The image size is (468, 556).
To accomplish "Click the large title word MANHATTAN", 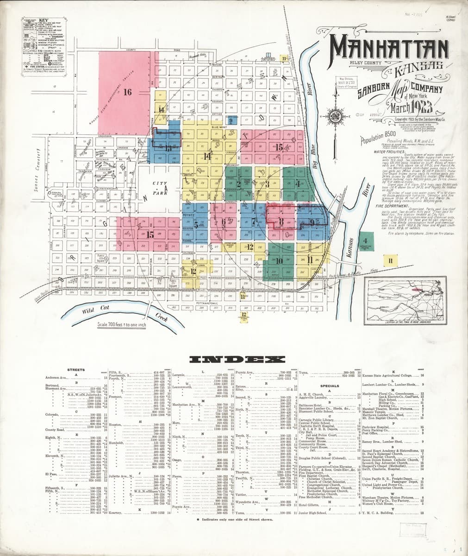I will point(389,46).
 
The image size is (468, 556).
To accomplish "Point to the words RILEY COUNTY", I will point(365,62).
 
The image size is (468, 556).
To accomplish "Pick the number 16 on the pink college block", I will point(128,91).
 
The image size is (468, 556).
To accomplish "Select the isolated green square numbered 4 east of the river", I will point(366,241).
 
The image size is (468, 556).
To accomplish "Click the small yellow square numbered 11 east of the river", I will point(391,260).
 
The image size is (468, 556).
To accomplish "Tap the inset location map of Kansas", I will point(406,297).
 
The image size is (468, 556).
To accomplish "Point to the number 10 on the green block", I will point(279,260).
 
